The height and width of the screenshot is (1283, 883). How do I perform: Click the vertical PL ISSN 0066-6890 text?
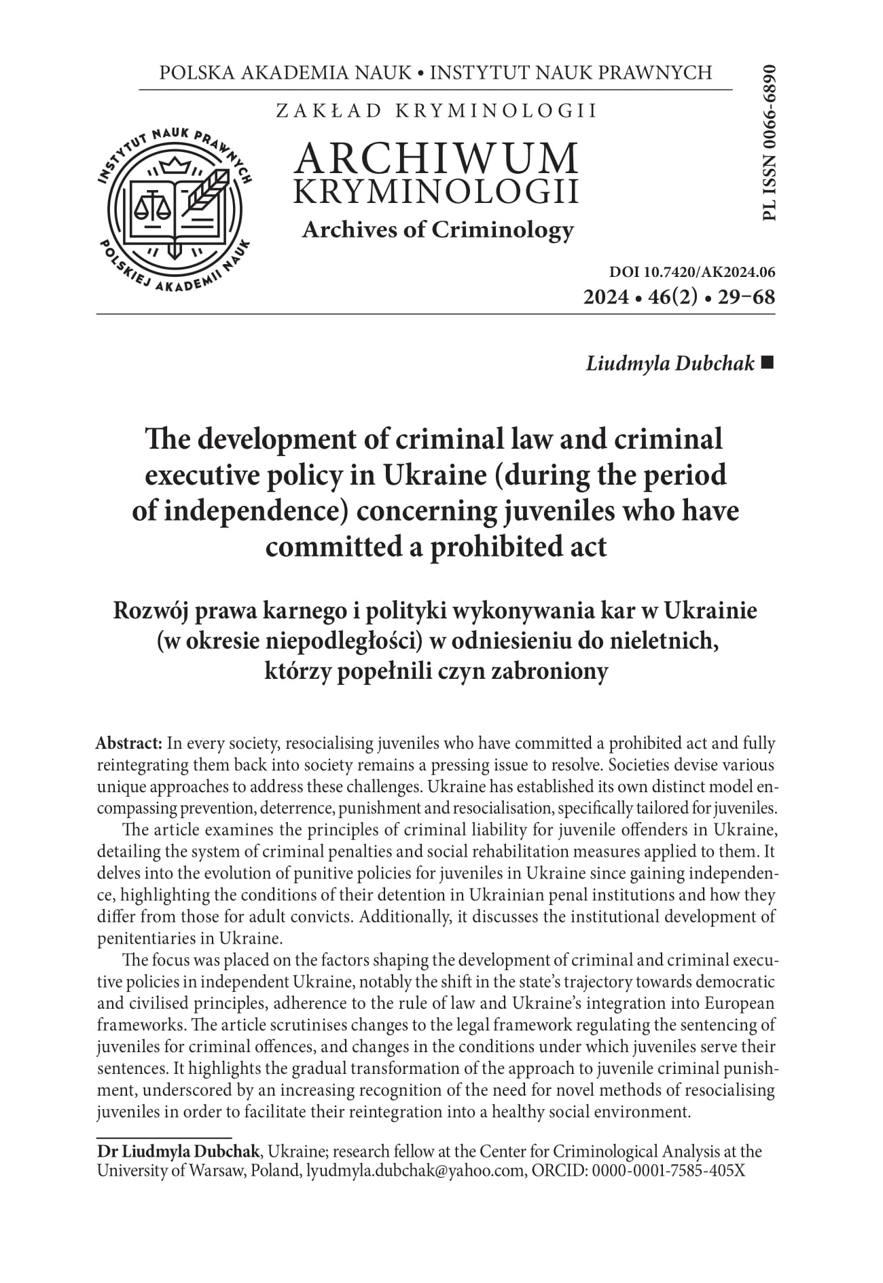[769, 143]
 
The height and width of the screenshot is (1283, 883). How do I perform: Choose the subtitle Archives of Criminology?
[437, 229]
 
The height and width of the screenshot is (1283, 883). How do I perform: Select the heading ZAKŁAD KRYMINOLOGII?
[436, 111]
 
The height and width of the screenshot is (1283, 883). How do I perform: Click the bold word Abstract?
[129, 743]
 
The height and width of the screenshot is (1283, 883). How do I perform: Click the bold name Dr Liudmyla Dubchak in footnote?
[178, 1151]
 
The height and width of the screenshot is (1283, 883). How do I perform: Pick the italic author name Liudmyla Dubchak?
[670, 363]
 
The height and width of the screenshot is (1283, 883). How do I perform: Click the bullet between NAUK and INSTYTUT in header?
[420, 73]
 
